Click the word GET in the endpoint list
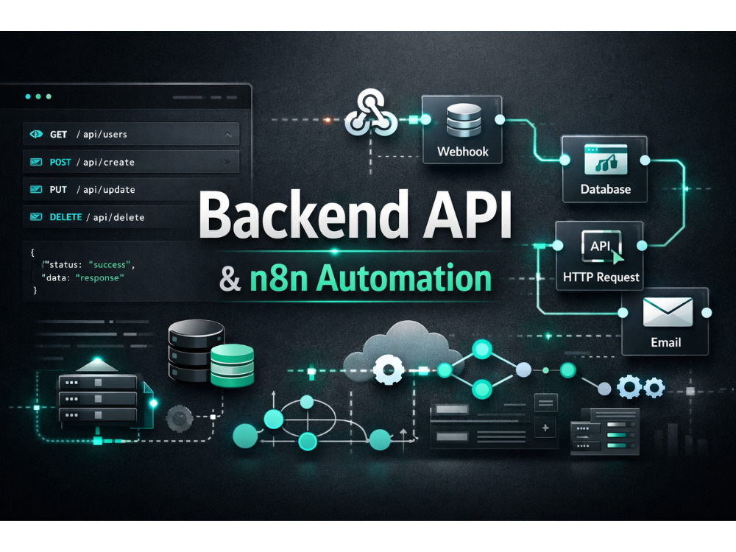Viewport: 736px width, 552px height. (x=58, y=134)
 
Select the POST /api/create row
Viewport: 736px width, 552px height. (x=131, y=162)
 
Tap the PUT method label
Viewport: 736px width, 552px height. (x=58, y=190)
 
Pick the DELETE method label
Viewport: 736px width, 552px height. (x=66, y=217)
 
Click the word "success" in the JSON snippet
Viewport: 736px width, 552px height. (x=110, y=265)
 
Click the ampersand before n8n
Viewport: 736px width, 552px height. (x=230, y=279)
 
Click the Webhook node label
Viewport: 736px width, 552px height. (x=463, y=152)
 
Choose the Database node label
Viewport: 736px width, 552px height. (x=606, y=189)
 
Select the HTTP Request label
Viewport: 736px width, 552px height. (x=601, y=277)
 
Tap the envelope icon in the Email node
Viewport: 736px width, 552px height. (x=668, y=312)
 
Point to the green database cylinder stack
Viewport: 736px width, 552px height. (x=232, y=366)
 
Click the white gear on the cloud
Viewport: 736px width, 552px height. (x=388, y=369)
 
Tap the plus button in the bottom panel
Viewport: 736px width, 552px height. (x=545, y=428)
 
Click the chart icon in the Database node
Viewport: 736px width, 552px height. (x=606, y=160)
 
